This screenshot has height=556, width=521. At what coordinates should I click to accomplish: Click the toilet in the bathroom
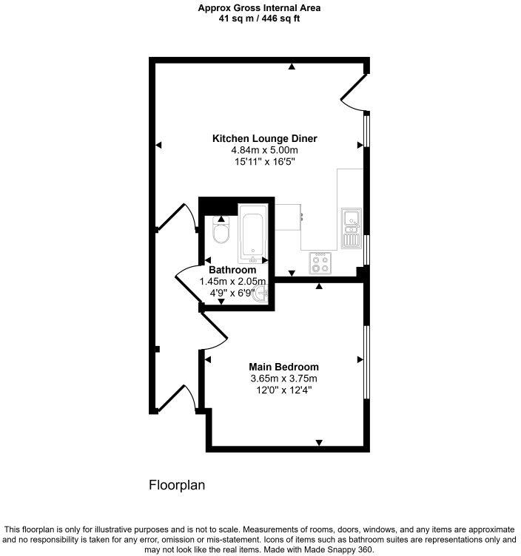[220, 234]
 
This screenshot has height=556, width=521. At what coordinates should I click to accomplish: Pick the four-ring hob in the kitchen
[320, 263]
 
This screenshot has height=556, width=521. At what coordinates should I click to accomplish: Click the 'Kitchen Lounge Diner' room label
[264, 138]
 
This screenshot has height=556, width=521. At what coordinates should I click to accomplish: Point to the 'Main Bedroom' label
[283, 367]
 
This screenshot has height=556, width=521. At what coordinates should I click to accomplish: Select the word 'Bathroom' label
[232, 270]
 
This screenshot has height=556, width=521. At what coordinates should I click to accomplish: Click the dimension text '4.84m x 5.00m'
[264, 150]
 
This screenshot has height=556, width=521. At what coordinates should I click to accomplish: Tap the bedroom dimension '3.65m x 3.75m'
[283, 379]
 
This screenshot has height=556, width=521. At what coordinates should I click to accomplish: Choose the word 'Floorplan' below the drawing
[177, 486]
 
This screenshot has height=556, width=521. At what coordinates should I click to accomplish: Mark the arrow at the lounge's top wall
[292, 67]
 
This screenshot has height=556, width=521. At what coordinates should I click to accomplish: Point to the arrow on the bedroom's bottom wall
[319, 442]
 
